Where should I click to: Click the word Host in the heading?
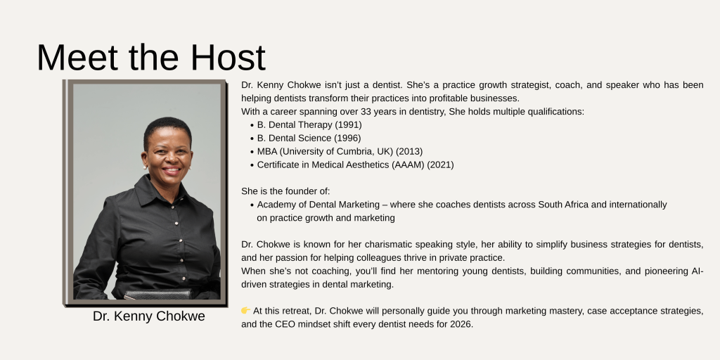(228, 58)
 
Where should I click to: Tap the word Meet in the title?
(77, 58)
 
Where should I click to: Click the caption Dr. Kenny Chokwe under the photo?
(149, 316)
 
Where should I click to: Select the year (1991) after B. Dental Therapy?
(348, 125)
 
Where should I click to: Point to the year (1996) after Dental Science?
(347, 139)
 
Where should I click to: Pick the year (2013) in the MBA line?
(409, 152)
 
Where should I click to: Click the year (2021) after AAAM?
(440, 165)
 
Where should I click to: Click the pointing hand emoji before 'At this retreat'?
(245, 311)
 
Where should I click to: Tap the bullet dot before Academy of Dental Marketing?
(252, 205)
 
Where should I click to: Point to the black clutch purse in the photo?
(158, 294)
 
